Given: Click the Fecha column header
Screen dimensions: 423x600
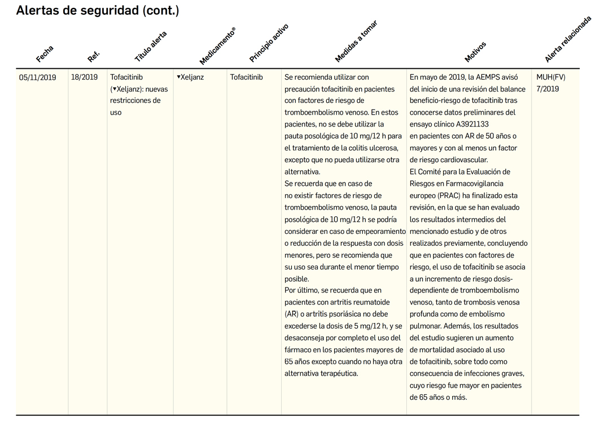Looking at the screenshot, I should click(45, 54).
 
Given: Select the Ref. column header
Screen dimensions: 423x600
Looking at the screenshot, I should click(94, 56).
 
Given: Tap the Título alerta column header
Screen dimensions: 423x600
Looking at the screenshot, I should click(151, 46).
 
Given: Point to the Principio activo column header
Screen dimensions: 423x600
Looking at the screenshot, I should click(269, 43).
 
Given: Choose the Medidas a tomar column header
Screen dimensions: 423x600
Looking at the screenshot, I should click(356, 41).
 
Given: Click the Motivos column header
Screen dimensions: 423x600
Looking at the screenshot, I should click(475, 52).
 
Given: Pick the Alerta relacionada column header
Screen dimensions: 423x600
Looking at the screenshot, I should click(568, 39).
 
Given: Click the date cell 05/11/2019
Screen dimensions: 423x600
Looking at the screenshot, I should click(38, 77).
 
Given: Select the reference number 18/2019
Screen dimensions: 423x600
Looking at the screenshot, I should click(84, 77).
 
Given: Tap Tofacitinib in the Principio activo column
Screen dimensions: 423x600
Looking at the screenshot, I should click(246, 77).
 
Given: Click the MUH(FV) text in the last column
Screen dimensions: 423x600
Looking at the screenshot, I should click(550, 77).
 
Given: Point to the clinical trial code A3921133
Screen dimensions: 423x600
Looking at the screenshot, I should click(469, 124).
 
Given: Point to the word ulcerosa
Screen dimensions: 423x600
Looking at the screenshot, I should click(385, 148).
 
